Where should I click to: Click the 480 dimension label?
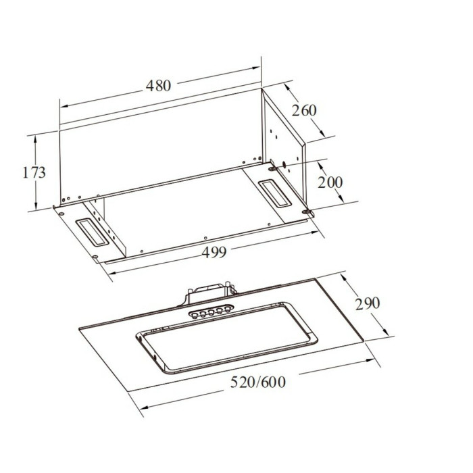[158, 86]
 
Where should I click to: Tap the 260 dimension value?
[304, 110]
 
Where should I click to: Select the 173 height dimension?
[34, 172]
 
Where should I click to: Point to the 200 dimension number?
[330, 182]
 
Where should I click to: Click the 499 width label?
[214, 252]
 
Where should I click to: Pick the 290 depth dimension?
[368, 303]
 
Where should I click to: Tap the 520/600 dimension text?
[258, 382]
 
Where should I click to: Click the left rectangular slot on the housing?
[92, 231]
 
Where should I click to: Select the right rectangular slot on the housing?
[275, 194]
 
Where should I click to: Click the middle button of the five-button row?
[211, 312]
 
